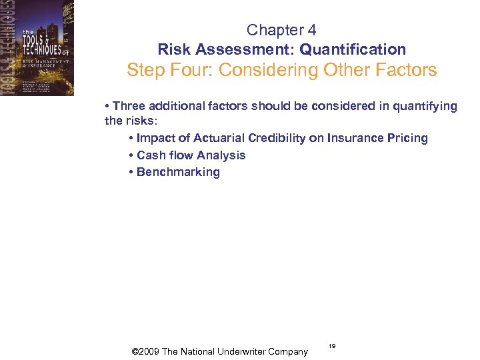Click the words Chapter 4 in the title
click(x=281, y=30)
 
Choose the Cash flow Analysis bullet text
click(x=191, y=155)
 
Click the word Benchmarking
click(x=178, y=172)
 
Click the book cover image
click(x=37, y=48)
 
